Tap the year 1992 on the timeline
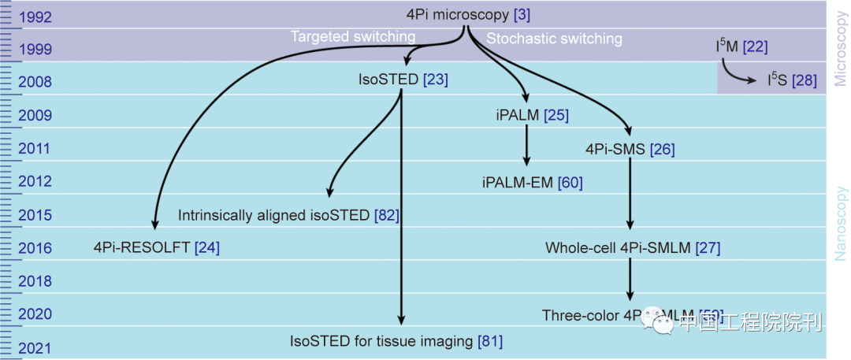point(35,16)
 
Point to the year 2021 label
point(35,348)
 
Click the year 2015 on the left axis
point(35,215)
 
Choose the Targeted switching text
point(353,37)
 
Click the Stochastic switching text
point(554,39)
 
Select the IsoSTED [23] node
point(403,80)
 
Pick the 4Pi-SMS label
point(615,149)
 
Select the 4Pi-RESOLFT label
point(142,248)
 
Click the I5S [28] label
point(791,80)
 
